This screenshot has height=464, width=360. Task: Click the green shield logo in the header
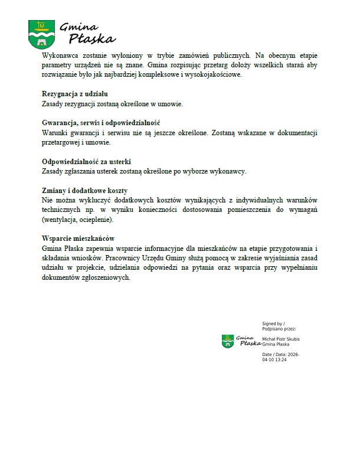pyautogui.click(x=41, y=34)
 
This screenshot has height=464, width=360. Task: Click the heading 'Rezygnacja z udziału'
pyautogui.click(x=74, y=94)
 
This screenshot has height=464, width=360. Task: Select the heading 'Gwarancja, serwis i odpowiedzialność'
pyautogui.click(x=102, y=123)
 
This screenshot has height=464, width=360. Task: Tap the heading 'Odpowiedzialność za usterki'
pyautogui.click(x=86, y=162)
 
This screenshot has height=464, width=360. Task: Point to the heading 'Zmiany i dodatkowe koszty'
pyautogui.click(x=85, y=191)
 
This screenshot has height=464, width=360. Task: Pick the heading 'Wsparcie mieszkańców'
pyautogui.click(x=78, y=238)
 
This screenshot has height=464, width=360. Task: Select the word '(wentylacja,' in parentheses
pyautogui.click(x=60, y=220)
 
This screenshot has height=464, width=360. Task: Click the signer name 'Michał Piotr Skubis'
pyautogui.click(x=281, y=339)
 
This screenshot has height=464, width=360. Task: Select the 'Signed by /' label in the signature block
pyautogui.click(x=273, y=324)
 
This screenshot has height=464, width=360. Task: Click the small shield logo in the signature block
pyautogui.click(x=228, y=341)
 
